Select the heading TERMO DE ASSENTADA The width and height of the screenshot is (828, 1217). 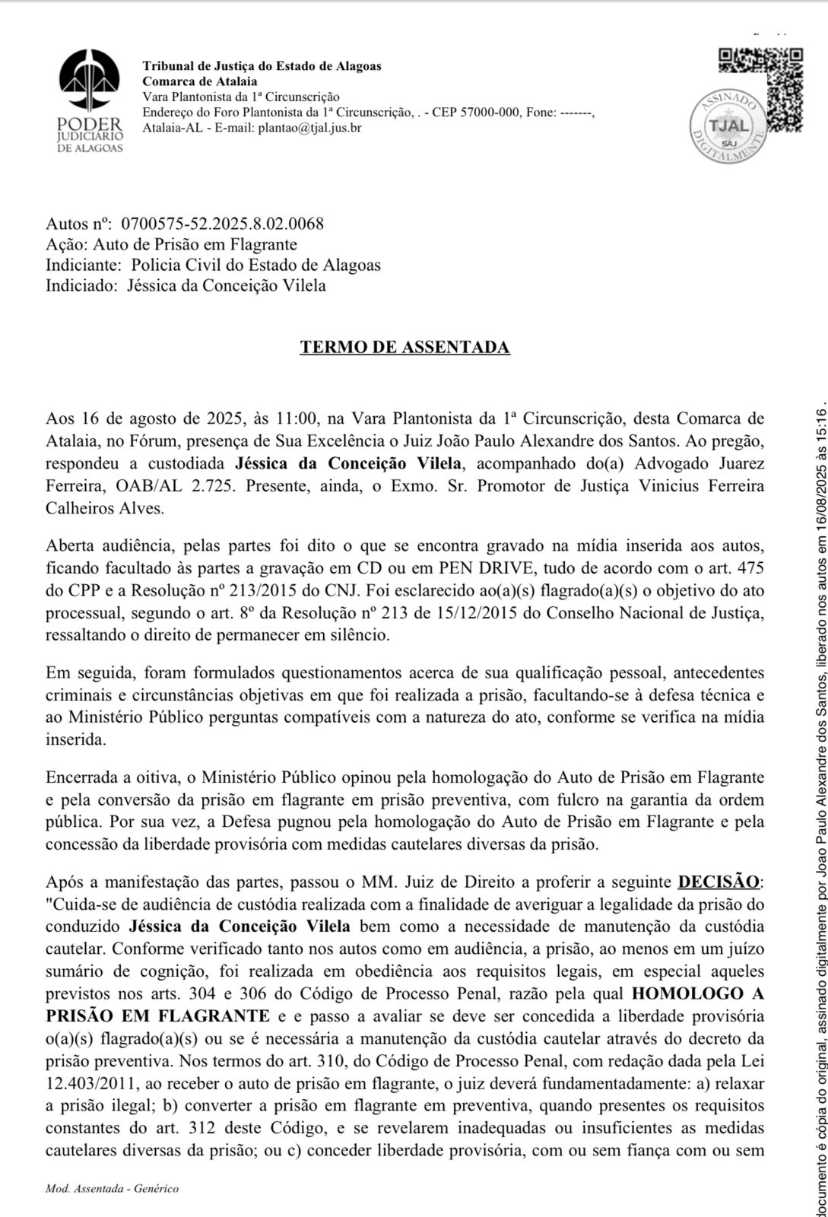tap(404, 348)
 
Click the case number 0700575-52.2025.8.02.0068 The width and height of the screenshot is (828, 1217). tap(222, 224)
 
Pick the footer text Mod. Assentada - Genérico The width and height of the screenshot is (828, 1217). tap(112, 1189)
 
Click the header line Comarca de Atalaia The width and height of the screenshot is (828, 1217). tap(200, 81)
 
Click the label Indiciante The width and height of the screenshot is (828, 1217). tap(83, 265)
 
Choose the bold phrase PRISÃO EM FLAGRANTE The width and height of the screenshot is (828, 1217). tap(157, 994)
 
